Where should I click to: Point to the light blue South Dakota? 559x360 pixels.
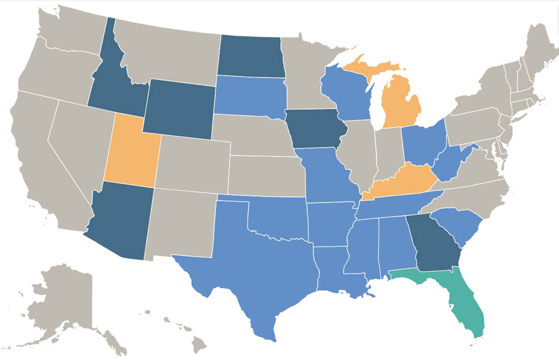click(x=251, y=95)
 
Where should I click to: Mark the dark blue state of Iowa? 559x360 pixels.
click(x=312, y=128)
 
